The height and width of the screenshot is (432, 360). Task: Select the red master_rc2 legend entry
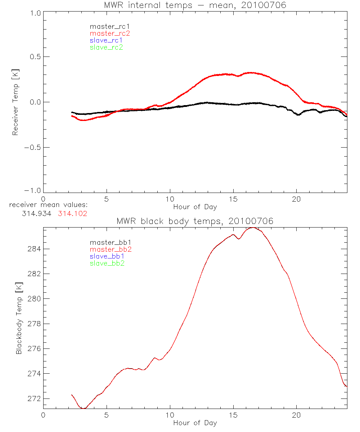tap(110, 33)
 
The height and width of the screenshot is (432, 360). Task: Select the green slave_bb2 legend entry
tap(107, 263)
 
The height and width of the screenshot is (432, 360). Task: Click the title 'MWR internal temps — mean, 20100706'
tap(195, 5)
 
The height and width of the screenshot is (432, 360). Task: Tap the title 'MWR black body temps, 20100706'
tap(195, 221)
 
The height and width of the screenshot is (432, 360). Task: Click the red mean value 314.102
tap(73, 213)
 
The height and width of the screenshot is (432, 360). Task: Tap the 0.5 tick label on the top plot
tap(35, 57)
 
